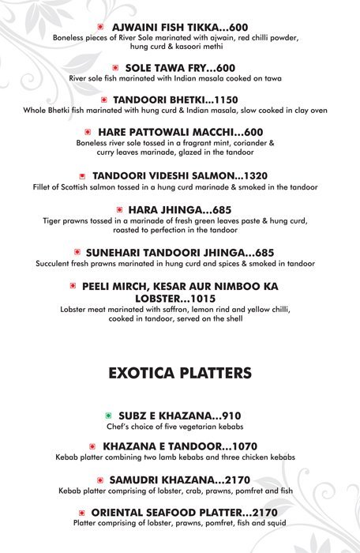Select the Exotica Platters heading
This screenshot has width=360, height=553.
tap(179, 372)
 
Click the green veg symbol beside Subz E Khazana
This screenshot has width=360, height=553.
tap(109, 416)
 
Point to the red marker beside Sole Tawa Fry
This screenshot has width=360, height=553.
tap(116, 68)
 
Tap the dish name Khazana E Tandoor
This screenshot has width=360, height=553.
tap(157, 446)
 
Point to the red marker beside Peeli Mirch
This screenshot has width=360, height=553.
tap(73, 285)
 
